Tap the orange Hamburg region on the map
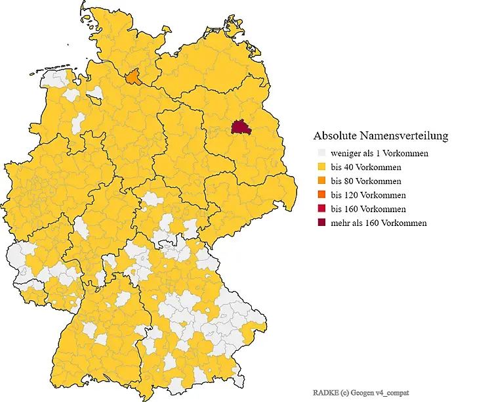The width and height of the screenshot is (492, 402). [133, 78]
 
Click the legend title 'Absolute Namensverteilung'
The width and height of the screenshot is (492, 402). [380, 136]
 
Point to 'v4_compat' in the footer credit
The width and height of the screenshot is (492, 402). [392, 391]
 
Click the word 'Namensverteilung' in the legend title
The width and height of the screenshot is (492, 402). [406, 136]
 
